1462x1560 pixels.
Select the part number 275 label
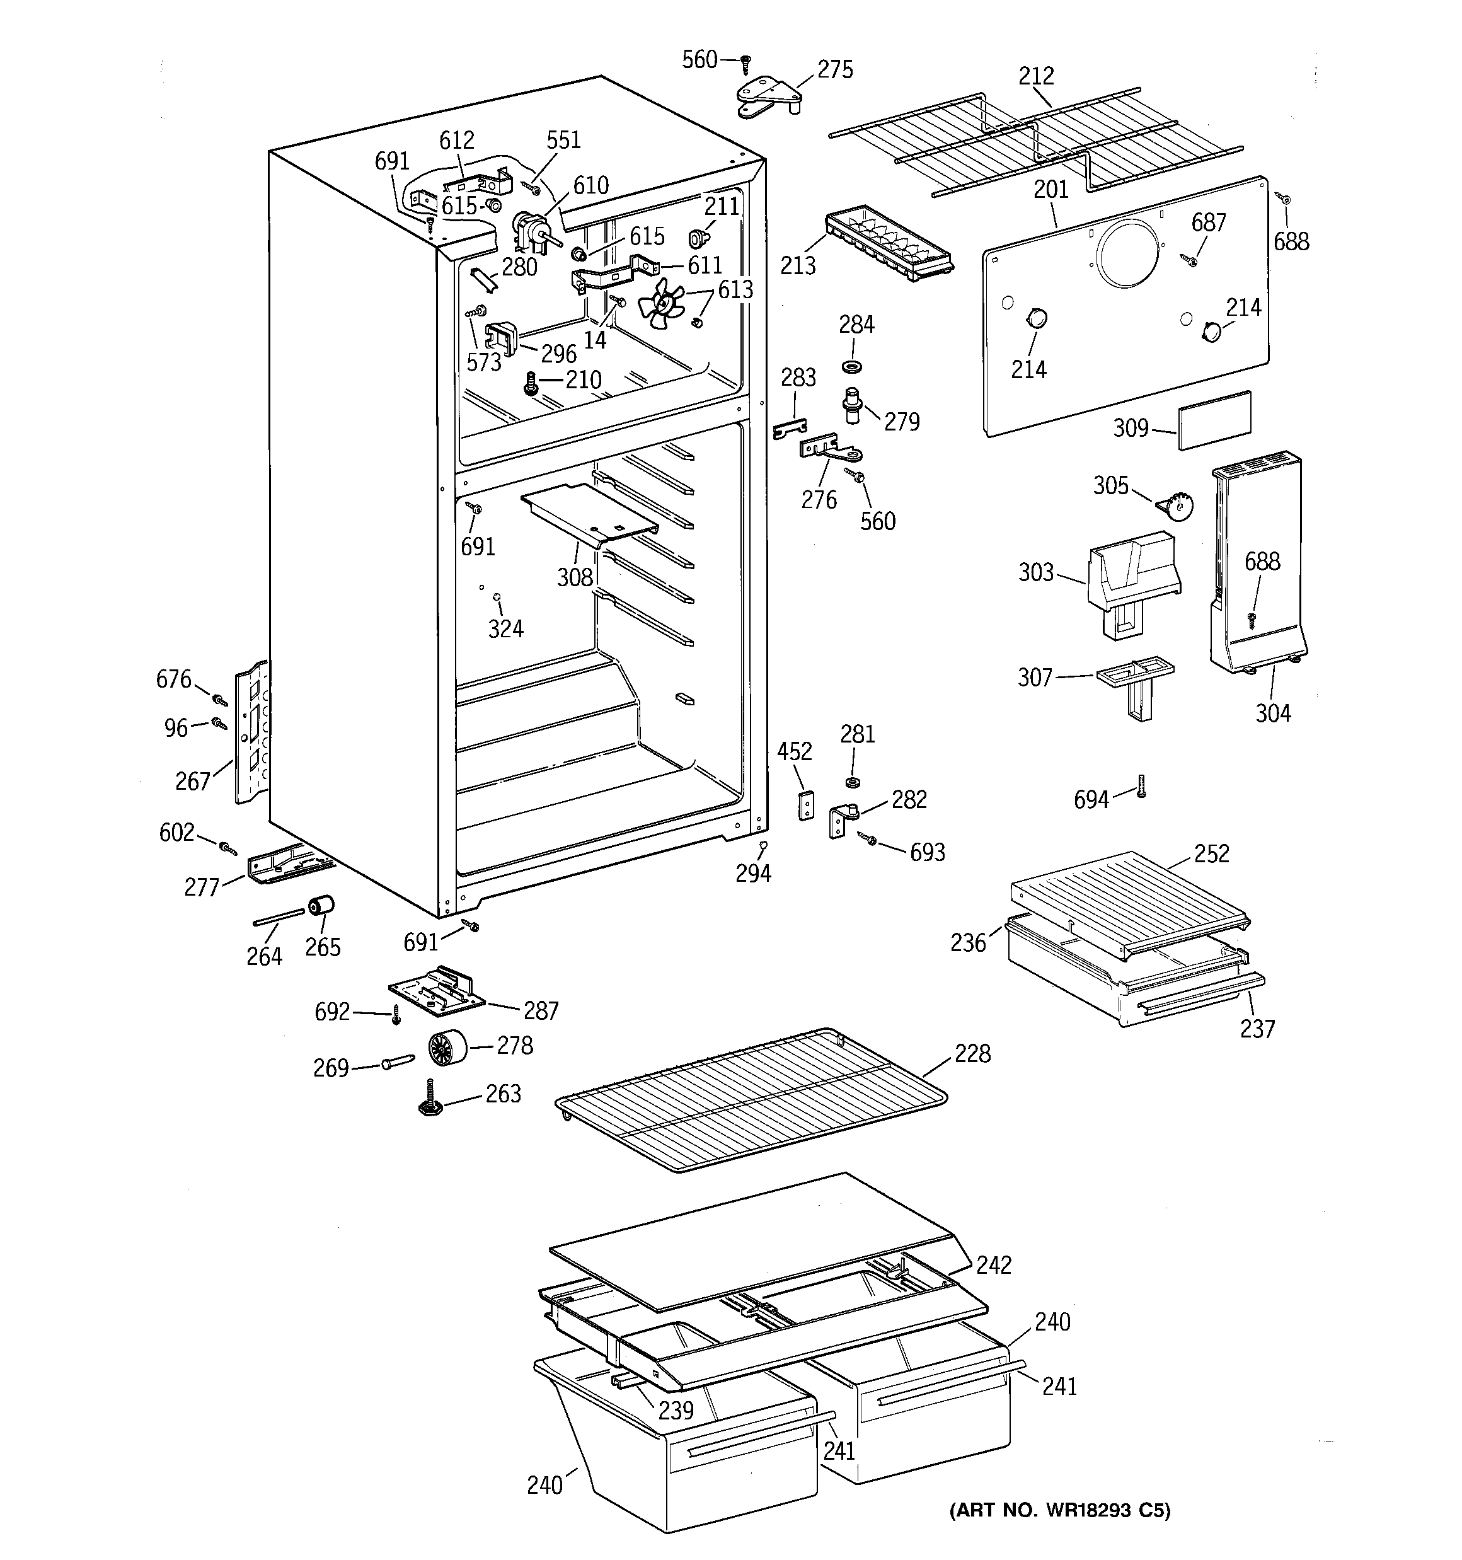[x=835, y=70]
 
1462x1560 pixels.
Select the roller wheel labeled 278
[x=447, y=1048]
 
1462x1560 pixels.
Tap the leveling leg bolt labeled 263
[x=429, y=1099]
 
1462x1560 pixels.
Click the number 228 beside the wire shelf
[x=972, y=1054]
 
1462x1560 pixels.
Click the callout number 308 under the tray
[x=575, y=577]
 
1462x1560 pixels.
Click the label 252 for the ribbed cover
[x=1211, y=853]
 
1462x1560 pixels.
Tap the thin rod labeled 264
[x=278, y=917]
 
